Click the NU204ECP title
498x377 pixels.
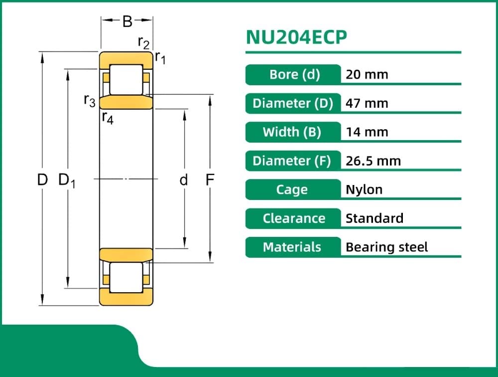pos(296,38)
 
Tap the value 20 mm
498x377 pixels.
pos(367,75)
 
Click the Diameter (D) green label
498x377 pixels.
pos(293,103)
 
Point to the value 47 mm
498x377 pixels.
pos(367,104)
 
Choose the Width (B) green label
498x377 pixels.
pos(292,132)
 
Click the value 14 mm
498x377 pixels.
pos(367,132)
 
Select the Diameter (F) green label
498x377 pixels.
pos(292,161)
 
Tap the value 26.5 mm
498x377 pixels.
pos(373,161)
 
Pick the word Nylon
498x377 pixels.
pos(364,189)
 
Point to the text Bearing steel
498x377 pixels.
pos(386,247)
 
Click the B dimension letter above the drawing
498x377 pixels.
pos(127,21)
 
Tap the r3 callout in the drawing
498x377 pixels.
pos(90,101)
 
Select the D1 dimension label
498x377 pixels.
pos(66,180)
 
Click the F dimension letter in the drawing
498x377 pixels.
pos(210,180)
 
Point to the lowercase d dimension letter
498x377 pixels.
pos(184,180)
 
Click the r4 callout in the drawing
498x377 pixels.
pos(108,118)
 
